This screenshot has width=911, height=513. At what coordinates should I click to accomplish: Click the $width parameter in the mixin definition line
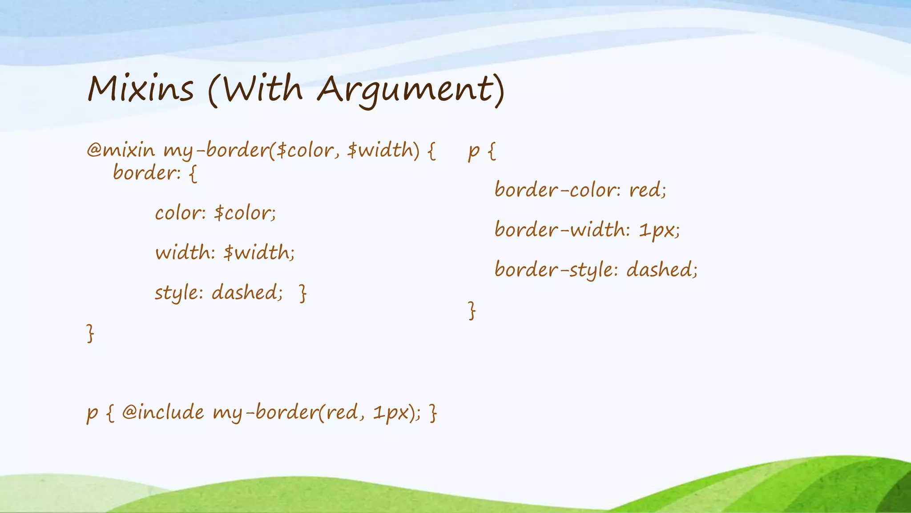coord(383,150)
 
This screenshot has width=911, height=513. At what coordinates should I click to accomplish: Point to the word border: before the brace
coord(147,173)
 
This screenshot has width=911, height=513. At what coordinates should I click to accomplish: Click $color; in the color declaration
coord(245,213)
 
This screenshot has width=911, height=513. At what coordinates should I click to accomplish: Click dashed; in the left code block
coord(247,293)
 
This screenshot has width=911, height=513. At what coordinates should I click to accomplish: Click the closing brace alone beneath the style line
coord(90,333)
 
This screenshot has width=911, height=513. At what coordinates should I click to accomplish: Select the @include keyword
coord(163,412)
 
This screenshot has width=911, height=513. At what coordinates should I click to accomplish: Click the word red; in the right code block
coord(648,191)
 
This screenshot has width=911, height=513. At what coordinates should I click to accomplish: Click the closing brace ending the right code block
coord(472,310)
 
